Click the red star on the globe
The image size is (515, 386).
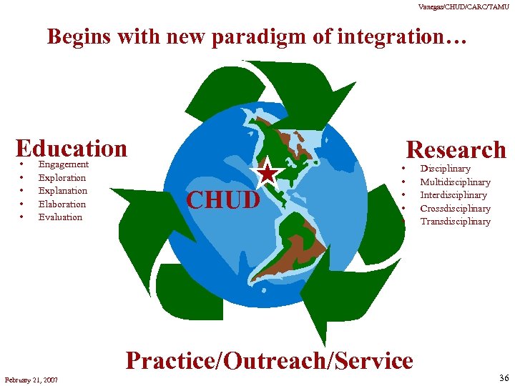pos(267,174)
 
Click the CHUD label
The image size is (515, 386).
pos(222,200)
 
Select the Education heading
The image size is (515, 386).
pos(71,148)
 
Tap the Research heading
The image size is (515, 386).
pos(456,149)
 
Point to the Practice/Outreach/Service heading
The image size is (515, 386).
pos(269,361)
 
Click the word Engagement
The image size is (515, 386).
pos(64,164)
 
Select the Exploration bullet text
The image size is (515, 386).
pos(62,177)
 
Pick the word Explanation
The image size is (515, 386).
pos(63,191)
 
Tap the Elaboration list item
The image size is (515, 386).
pos(62,204)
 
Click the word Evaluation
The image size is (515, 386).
pos(61,217)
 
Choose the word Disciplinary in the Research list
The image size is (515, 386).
pos(445,169)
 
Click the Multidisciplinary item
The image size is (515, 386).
pos(455,182)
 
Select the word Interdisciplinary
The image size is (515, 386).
pos(453,195)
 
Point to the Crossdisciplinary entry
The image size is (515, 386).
pos(455,209)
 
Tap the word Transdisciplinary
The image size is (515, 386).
pos(455,222)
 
